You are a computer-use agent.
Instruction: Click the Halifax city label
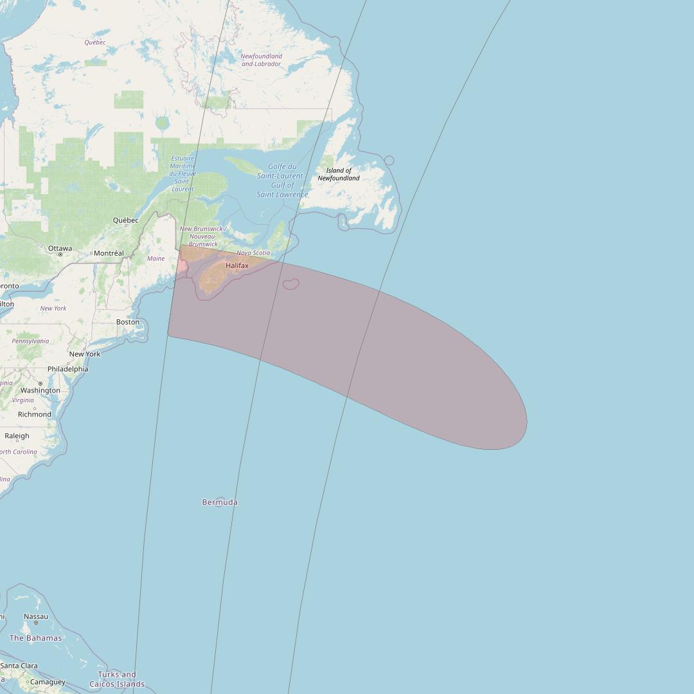[236, 265]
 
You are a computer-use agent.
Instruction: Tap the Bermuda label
[220, 502]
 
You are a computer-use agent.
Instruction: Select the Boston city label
[128, 322]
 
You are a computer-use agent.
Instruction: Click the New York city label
[85, 354]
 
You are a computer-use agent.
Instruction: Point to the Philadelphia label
[67, 369]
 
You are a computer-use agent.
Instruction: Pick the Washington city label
[40, 390]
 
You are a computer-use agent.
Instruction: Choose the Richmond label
[35, 414]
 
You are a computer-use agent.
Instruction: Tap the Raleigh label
[17, 436]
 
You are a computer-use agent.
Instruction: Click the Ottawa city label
[60, 249]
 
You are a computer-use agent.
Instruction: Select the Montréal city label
[109, 253]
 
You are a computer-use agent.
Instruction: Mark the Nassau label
[35, 616]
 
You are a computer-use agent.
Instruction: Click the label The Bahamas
[35, 638]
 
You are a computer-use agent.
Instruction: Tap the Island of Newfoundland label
[339, 174]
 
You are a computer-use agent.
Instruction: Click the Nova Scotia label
[253, 253]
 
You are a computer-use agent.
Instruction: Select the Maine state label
[156, 259]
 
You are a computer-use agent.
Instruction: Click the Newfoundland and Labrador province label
[261, 60]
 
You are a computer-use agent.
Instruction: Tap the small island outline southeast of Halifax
[290, 283]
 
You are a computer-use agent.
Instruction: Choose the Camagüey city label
[48, 682]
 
